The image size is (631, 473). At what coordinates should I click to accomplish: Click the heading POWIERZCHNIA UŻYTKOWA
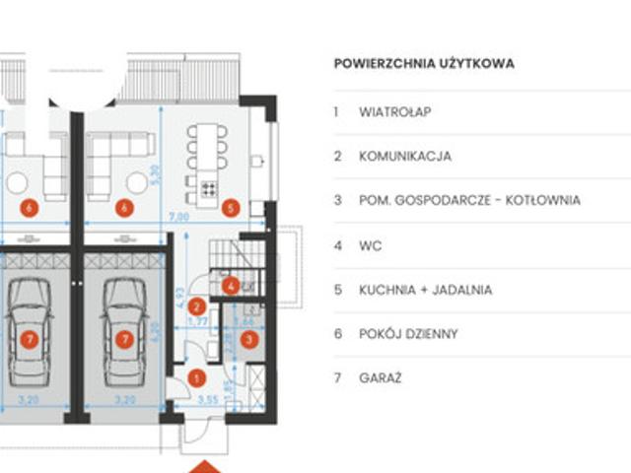coord(424,64)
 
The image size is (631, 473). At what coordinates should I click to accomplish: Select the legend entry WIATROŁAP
coord(395,112)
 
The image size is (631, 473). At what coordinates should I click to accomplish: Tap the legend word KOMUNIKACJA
coord(405,157)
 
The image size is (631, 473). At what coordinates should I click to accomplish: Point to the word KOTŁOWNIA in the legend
coord(539,201)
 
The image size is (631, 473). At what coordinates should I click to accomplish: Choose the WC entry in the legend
coord(371,245)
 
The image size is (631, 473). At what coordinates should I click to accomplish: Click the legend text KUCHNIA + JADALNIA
coord(426,290)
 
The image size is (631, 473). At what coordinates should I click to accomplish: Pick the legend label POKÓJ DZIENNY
coord(408,334)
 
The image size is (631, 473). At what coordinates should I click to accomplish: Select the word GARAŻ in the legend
coord(381,378)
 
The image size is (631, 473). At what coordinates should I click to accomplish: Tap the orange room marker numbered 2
coord(197,307)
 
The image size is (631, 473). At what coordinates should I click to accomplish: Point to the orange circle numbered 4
coord(230,287)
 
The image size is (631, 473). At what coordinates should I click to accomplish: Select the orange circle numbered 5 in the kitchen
coord(231,207)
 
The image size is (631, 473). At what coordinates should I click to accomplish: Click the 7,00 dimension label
coord(177,216)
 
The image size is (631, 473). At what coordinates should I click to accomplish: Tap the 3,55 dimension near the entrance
coord(207,401)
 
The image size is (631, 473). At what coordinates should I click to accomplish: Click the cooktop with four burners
coord(209,188)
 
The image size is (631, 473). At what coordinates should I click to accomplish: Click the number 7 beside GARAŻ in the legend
coord(336,378)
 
